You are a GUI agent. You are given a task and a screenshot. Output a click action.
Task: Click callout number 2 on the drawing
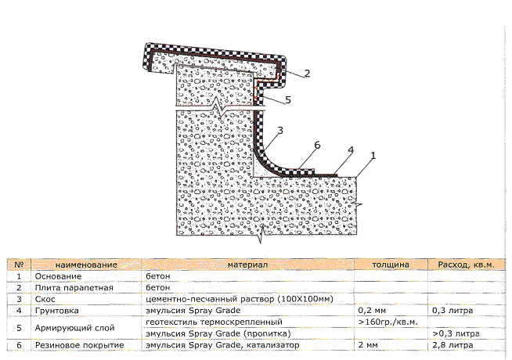point(308,74)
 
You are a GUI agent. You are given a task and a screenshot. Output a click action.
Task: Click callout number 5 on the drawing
point(288,99)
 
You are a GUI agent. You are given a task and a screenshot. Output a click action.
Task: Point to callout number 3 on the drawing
point(279,130)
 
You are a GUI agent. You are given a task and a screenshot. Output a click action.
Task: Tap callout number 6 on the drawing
point(318,145)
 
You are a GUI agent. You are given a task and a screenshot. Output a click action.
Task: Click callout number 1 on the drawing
point(373,155)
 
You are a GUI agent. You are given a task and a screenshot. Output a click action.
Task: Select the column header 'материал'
point(247,265)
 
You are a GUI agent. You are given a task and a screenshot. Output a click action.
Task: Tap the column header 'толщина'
point(390,265)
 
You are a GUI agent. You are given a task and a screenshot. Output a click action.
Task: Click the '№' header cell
point(18,265)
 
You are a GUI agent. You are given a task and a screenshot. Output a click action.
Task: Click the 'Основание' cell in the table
point(55,276)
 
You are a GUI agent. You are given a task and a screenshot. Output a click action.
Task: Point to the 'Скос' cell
point(44,299)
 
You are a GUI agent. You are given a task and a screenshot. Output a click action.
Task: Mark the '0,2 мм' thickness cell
point(373,310)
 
